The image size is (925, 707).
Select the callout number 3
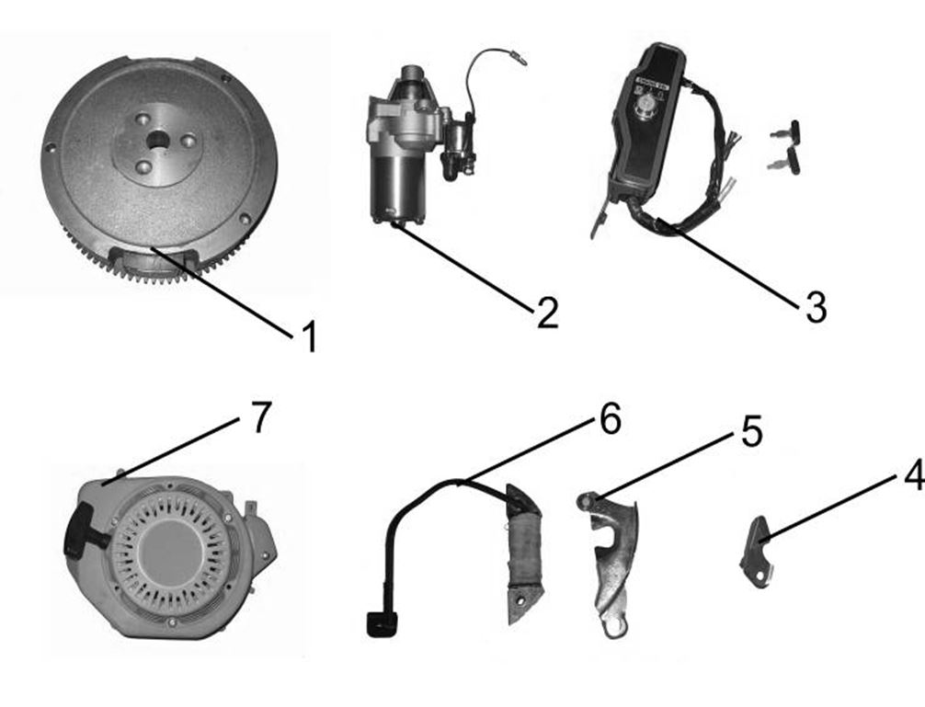pyautogui.click(x=815, y=308)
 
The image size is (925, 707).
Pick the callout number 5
pyautogui.click(x=751, y=431)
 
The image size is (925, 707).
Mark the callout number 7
pyautogui.click(x=261, y=417)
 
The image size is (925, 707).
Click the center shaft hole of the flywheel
pyautogui.click(x=160, y=141)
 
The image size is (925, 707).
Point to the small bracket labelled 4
pyautogui.click(x=756, y=549)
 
